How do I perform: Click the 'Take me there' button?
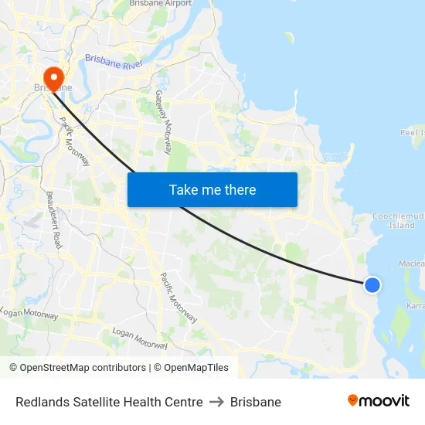pyautogui.click(x=212, y=189)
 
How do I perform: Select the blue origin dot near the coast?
pyautogui.click(x=372, y=285)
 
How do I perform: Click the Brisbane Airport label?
pyautogui.click(x=160, y=4)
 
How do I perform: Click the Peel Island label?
pyautogui.click(x=413, y=132)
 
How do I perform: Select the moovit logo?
pyautogui.click(x=378, y=401)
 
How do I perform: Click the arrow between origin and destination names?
pyautogui.click(x=216, y=402)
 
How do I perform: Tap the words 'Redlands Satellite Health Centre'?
pyautogui.click(x=109, y=402)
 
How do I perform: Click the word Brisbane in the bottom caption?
pyautogui.click(x=256, y=402)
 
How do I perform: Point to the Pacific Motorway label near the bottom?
pyautogui.click(x=178, y=297)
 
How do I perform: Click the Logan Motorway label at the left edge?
pyautogui.click(x=29, y=313)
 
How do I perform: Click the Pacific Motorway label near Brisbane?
pyautogui.click(x=75, y=141)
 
